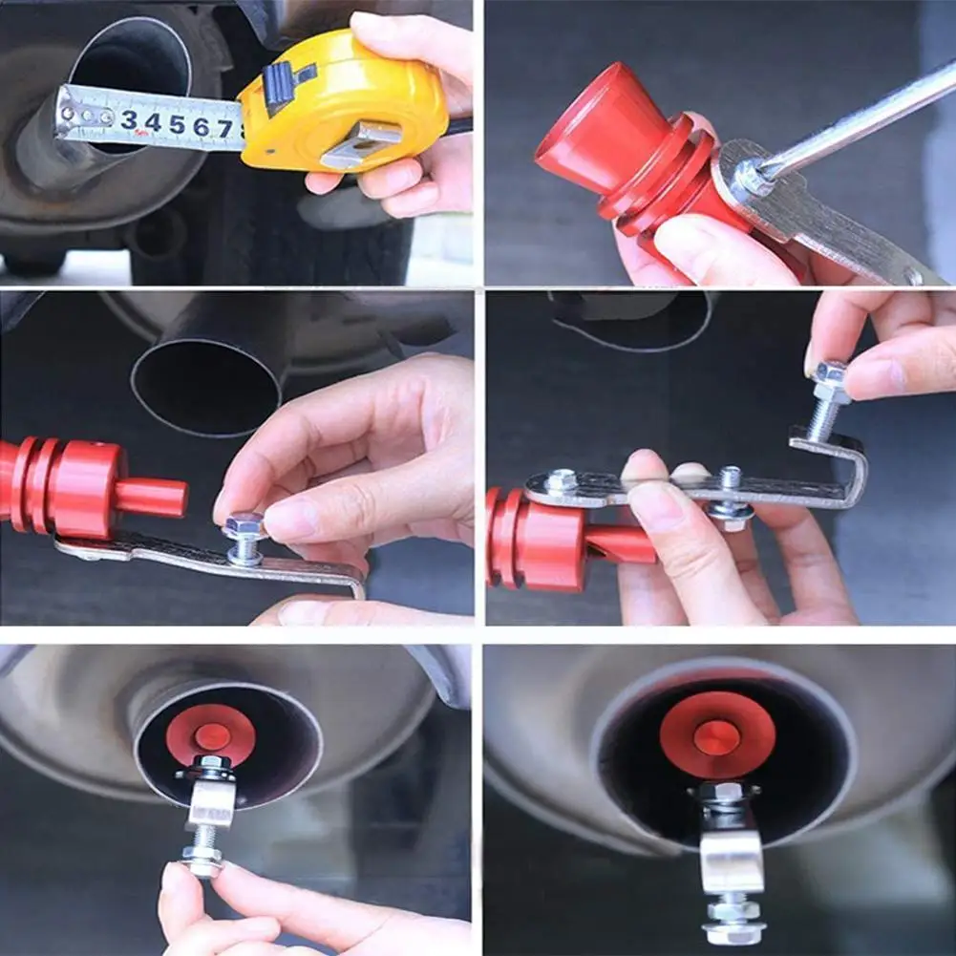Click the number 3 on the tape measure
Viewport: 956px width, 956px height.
(x=128, y=120)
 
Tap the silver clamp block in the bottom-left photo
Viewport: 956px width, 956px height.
(x=209, y=802)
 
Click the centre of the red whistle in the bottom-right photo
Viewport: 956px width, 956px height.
(x=717, y=736)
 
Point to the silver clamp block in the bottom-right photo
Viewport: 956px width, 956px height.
(x=732, y=860)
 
